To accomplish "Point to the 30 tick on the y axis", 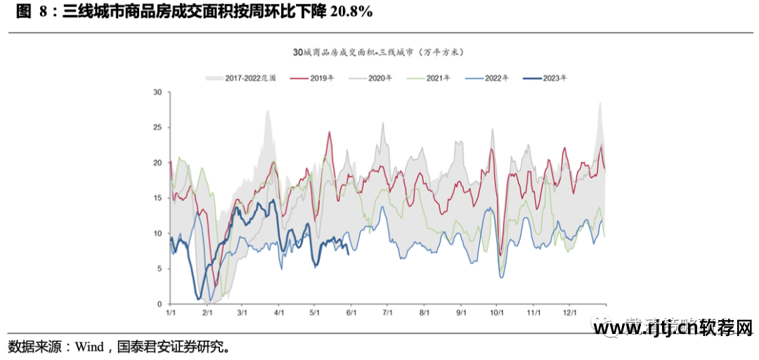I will (157, 93).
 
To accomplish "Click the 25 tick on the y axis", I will (157, 128).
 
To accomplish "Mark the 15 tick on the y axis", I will (157, 198).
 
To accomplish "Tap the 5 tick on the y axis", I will (160, 269).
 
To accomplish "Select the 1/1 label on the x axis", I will (171, 311).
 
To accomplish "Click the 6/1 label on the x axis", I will (351, 311).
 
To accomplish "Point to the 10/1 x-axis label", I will (497, 311).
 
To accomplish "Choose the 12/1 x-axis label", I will (570, 311).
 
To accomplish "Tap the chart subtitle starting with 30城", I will (379, 53).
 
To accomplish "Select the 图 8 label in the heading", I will (32, 12).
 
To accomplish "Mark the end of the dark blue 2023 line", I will (349, 254).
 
